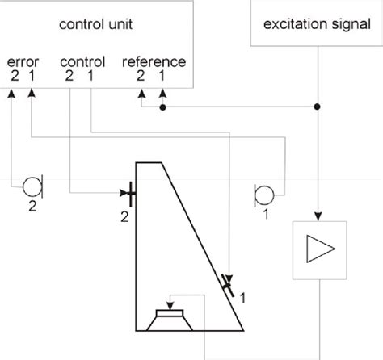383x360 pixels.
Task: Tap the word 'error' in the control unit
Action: (x=22, y=61)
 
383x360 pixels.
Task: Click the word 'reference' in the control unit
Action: (x=154, y=61)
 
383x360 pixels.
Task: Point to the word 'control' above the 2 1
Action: (x=82, y=61)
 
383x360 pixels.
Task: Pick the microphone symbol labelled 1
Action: (x=263, y=194)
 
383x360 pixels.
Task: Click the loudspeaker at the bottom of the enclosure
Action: (x=170, y=320)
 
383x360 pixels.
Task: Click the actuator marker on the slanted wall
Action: (x=228, y=284)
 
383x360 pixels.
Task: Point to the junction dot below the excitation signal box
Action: (x=317, y=106)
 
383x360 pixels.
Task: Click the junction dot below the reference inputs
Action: (x=163, y=106)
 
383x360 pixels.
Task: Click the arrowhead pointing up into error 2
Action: (x=12, y=93)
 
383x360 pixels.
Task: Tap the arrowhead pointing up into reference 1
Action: (x=163, y=93)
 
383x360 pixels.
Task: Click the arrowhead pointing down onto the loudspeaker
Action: (x=170, y=304)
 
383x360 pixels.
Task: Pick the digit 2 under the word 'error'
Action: (x=14, y=76)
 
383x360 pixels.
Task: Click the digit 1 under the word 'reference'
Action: (x=163, y=76)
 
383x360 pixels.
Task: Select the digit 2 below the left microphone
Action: (x=32, y=207)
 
